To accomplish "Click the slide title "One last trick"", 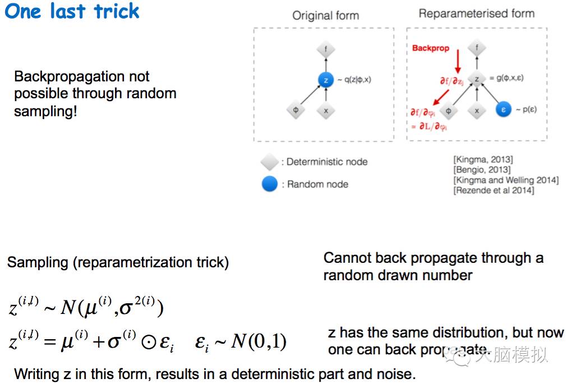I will [72, 11].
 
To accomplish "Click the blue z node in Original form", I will [325, 80].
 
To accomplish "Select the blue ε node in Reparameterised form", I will [503, 110].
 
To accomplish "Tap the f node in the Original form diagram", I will [326, 49].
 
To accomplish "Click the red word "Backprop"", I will [431, 48].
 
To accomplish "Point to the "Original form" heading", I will [325, 15].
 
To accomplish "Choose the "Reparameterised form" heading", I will [476, 13].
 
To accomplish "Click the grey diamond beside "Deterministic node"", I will [270, 162].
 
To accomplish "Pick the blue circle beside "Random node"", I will [270, 184].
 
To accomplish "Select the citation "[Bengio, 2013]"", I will [482, 170].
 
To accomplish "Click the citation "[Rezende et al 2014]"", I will [494, 190].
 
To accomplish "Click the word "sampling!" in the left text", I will [45, 111].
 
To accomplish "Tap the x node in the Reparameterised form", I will [477, 111].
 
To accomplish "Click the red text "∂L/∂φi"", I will [432, 127].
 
